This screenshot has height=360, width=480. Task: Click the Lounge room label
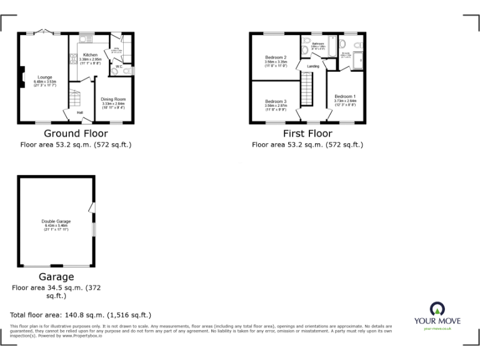45,77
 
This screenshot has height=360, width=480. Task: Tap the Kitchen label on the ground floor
90,54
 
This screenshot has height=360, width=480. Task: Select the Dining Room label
113,99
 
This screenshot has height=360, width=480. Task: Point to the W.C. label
118,66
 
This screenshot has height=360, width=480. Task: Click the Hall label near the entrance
80,112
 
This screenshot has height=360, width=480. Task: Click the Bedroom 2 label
276,57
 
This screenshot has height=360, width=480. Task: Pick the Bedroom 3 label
276,101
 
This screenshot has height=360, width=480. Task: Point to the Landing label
313,66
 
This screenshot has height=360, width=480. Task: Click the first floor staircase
307,89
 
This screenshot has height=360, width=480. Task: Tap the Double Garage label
56,221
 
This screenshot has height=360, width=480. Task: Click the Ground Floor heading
76,134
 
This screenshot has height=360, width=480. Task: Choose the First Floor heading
307,134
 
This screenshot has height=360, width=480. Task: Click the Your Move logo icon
437,309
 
